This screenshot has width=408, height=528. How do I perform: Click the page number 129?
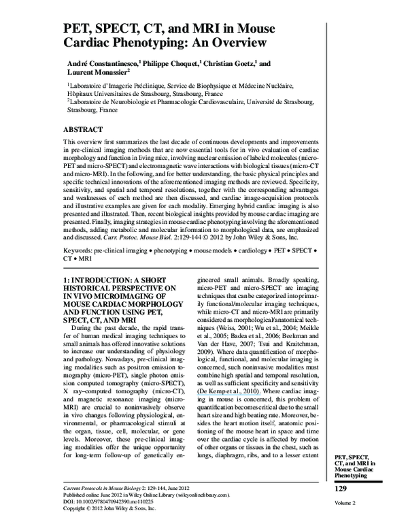point(344,490)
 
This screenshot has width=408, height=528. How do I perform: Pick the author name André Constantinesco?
point(104,63)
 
